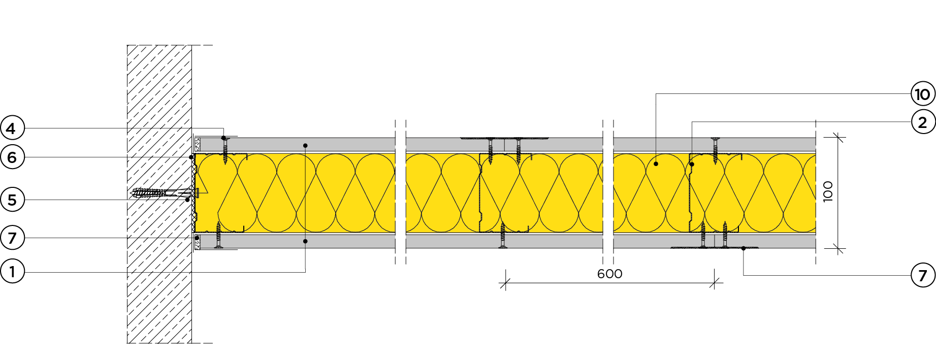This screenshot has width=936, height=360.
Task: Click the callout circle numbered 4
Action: click(12, 128)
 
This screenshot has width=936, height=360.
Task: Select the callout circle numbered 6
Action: click(12, 157)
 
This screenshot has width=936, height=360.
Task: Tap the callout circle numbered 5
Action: click(12, 200)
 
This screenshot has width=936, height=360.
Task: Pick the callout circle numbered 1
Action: click(12, 272)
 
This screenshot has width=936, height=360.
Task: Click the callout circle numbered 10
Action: click(923, 94)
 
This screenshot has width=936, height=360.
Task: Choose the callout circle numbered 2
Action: click(923, 122)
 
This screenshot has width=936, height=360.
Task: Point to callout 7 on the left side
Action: click(12, 238)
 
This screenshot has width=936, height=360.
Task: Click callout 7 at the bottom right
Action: click(923, 275)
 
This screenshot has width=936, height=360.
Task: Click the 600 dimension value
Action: click(609, 274)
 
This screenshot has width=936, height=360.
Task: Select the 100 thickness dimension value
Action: click(828, 191)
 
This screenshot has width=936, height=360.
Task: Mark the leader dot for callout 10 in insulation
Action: click(656, 164)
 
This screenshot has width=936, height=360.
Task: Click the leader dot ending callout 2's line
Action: click(692, 165)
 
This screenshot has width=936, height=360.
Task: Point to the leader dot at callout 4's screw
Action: click(223, 138)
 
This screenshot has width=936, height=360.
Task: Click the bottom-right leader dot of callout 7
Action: click(744, 248)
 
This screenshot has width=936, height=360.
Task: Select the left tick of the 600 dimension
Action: click(504, 283)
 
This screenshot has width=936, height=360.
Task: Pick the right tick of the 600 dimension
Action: click(715, 283)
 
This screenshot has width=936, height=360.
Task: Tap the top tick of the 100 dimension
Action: click(838, 138)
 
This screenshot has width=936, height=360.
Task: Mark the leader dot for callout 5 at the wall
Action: click(187, 200)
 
